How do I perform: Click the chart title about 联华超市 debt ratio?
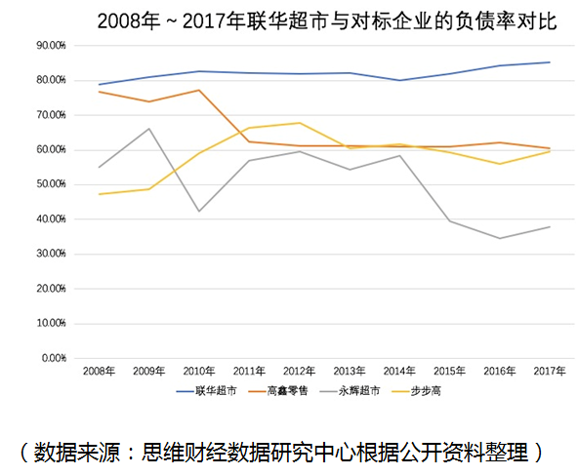pos(327,21)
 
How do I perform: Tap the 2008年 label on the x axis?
pos(99,372)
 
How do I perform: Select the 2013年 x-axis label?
pos(349,372)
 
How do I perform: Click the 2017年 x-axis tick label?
pos(550,372)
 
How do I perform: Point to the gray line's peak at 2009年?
pos(148,129)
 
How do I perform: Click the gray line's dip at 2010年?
pos(198,212)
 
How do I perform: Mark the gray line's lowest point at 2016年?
pos(499,238)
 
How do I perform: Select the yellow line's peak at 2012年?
pos(299,123)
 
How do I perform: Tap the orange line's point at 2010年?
pos(198,90)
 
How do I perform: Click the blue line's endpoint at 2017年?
pos(550,62)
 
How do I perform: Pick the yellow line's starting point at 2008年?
pos(99,194)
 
